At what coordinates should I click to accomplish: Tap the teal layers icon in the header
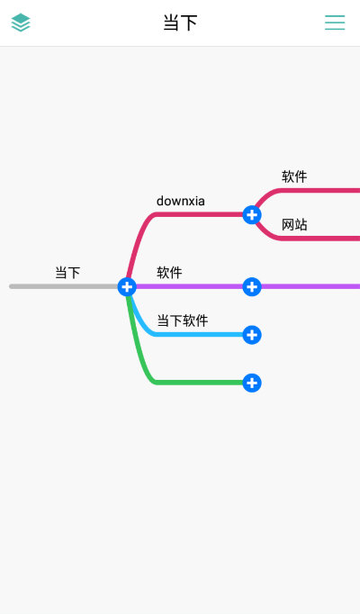coord(21,23)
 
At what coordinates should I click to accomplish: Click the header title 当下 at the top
coord(180,23)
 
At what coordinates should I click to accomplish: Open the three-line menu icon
coord(335,23)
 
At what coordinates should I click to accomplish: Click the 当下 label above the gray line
coord(67,272)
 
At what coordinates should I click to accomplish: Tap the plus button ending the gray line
coord(127,286)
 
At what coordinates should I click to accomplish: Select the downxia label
coord(180,201)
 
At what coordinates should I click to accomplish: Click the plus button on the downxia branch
coord(252,214)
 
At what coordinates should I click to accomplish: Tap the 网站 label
coord(294,224)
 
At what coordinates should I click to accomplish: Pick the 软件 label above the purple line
coord(169,272)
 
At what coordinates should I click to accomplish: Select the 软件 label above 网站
coord(294,176)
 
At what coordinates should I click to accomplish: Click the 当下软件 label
coord(182,321)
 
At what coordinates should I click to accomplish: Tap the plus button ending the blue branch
coord(252,335)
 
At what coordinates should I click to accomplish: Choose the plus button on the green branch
coord(252,383)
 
